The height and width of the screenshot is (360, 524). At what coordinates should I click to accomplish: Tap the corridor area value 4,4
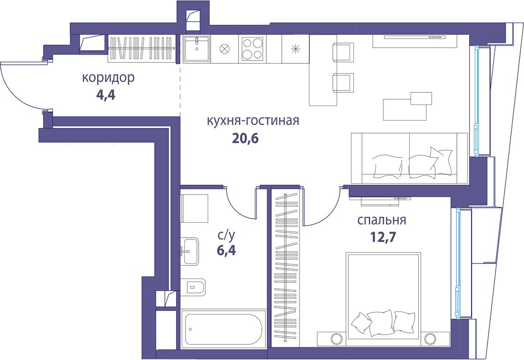105,95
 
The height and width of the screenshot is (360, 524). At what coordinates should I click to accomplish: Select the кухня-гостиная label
253,120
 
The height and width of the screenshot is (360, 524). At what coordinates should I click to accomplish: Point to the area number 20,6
246,138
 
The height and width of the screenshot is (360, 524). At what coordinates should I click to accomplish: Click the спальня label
382,221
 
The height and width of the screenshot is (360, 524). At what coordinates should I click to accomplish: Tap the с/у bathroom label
226,236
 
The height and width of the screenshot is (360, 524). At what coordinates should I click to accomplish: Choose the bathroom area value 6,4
226,250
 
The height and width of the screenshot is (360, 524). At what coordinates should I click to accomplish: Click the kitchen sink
197,49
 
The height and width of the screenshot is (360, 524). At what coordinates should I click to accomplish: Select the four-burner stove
252,49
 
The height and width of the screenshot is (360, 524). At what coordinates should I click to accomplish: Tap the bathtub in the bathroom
223,329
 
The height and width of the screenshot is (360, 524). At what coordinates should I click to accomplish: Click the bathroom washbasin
189,251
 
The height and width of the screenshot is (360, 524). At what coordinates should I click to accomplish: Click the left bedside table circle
337,338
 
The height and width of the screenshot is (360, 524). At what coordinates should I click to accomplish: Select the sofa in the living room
409,158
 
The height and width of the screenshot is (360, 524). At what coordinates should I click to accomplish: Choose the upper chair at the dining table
343,52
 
